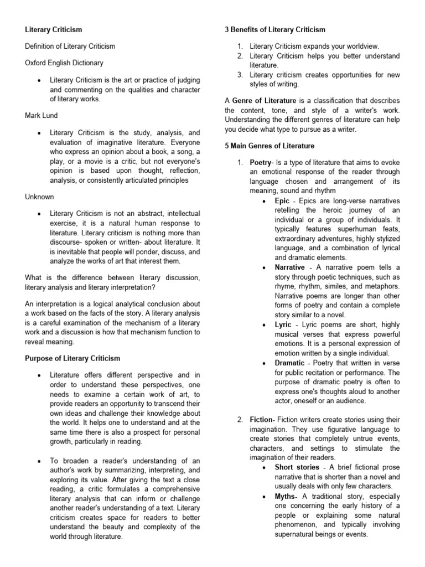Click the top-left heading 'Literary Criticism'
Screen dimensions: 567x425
54,29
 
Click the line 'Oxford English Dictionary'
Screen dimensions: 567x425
64,63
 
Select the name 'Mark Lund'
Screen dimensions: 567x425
42,116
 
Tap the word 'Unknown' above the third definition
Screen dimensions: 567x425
39,197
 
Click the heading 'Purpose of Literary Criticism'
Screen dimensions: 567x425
72,358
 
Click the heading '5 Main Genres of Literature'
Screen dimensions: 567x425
269,146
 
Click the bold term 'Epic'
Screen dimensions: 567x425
282,201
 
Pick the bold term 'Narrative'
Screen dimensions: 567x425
289,267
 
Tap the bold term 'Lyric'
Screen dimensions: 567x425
283,325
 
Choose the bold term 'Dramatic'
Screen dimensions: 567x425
289,363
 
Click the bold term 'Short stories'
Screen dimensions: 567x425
297,467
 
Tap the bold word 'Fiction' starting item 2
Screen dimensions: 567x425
261,419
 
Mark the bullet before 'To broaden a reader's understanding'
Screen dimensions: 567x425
37,461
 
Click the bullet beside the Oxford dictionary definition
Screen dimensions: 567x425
37,80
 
